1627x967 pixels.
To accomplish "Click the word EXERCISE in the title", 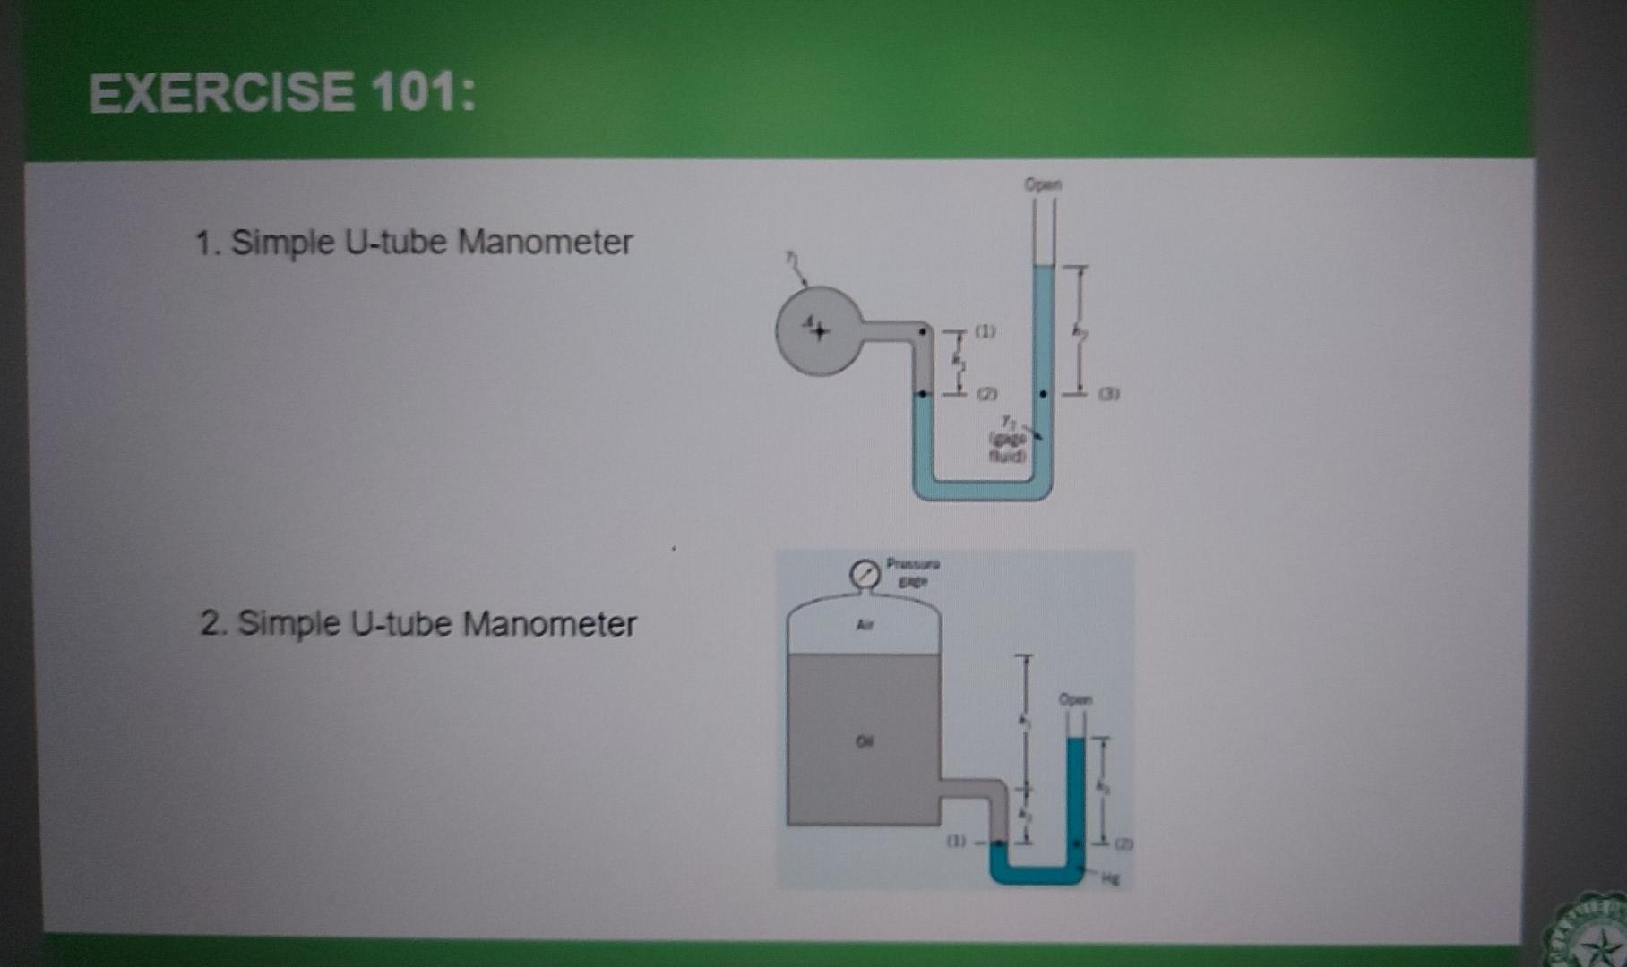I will click(221, 93).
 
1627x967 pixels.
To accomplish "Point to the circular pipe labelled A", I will click(817, 330).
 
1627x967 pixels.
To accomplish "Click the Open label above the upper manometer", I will click(1043, 184).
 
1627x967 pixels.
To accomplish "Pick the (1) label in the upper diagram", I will click(985, 331).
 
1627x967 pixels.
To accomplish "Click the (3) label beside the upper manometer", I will click(1108, 393).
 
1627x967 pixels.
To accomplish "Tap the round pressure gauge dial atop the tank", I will click(865, 574).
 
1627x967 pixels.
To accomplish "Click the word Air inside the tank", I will click(864, 625).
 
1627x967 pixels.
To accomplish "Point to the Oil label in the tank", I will click(864, 741).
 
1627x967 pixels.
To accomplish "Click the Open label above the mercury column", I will click(1076, 698).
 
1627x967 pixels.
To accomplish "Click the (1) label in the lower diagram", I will click(957, 842).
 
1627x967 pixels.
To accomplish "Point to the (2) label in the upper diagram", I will click(986, 393).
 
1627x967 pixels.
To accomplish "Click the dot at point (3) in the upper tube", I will click(1042, 393).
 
